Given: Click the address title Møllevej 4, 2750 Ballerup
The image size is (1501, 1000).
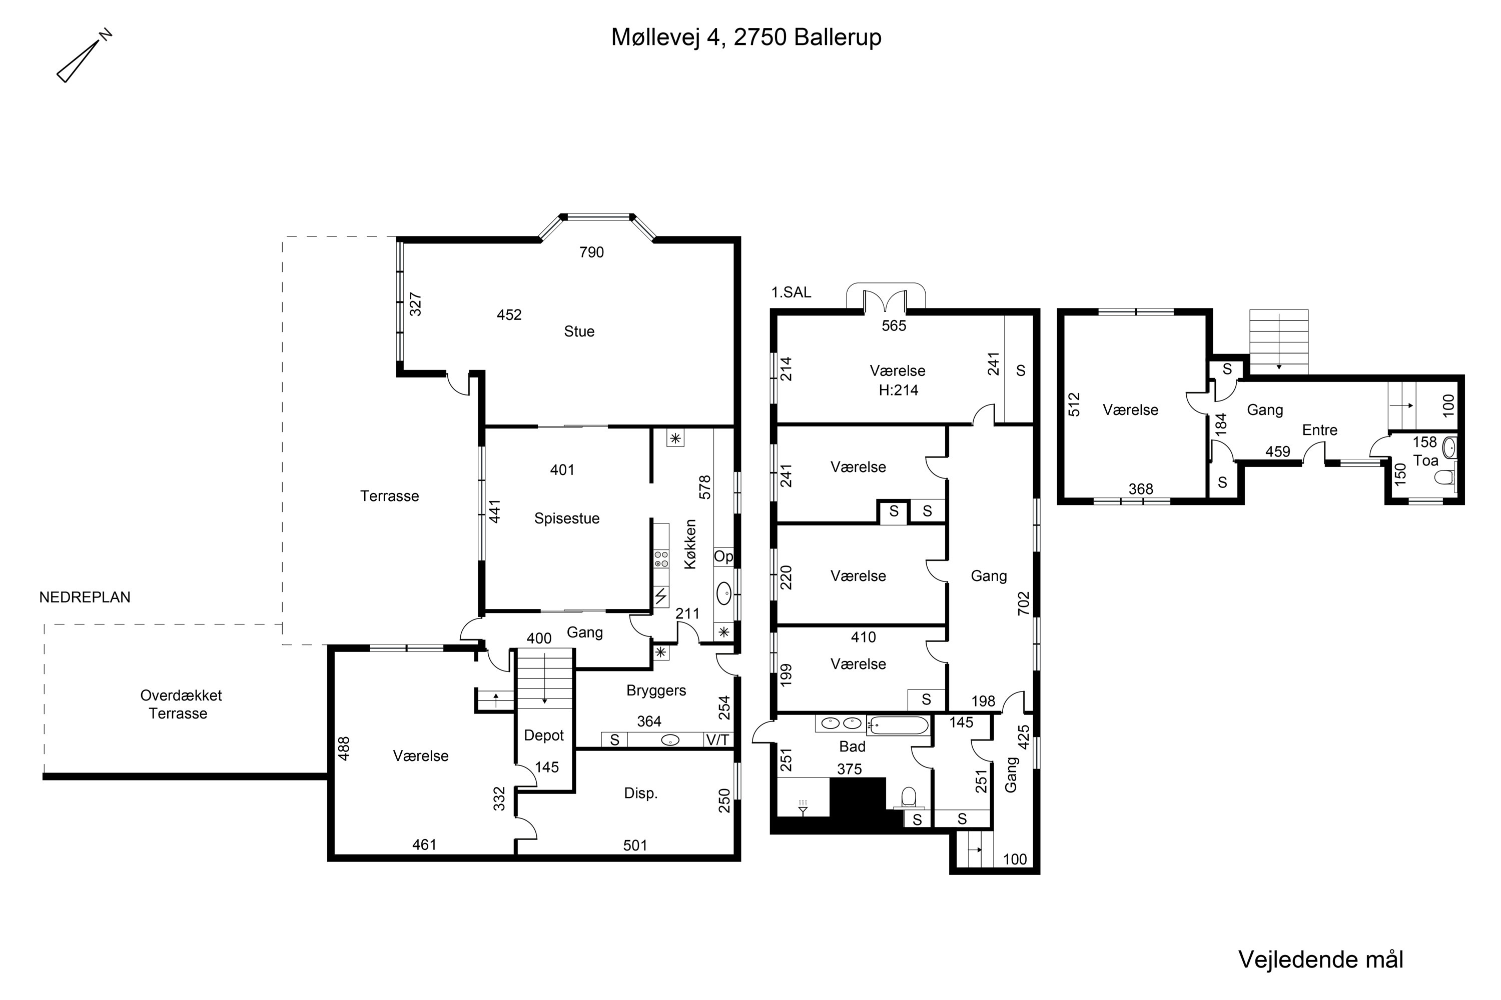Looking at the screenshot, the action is [x=746, y=37].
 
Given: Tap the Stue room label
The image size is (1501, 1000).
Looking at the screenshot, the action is [x=579, y=331].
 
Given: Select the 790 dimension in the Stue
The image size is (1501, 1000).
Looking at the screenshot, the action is [x=591, y=252].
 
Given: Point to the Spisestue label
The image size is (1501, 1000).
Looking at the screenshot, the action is [x=567, y=518].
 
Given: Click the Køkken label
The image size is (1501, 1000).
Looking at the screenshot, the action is [x=690, y=544].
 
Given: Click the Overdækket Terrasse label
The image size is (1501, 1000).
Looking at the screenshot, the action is [x=181, y=704].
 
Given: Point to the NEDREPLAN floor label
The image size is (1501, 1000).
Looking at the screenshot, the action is [x=85, y=597].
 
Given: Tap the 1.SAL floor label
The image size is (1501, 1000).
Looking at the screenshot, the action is [x=792, y=292].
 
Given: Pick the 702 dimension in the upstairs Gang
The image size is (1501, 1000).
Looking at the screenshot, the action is [x=1024, y=604].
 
